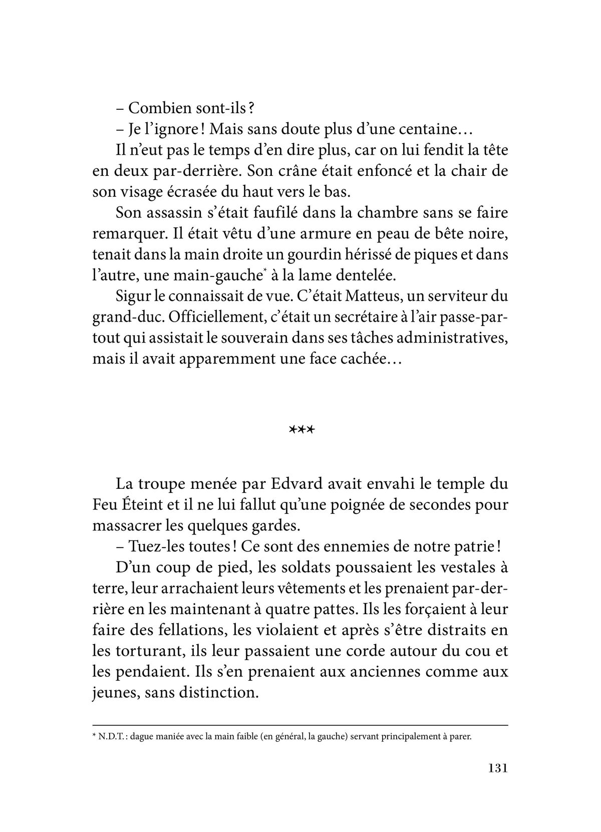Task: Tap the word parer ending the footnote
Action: pos(460,737)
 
